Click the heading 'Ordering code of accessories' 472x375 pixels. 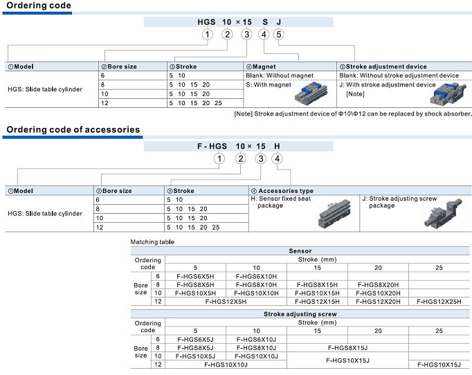[x=73, y=129]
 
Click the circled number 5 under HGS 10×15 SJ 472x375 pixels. [x=278, y=35]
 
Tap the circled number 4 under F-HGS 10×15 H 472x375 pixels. [x=278, y=159]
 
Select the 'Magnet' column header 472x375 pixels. [x=264, y=66]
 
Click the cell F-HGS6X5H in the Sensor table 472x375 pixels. [x=195, y=275]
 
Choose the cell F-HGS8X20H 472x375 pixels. [x=378, y=284]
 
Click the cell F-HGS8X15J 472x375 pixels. [x=347, y=347]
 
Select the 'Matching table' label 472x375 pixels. [x=152, y=242]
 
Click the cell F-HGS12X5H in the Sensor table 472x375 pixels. [x=226, y=301]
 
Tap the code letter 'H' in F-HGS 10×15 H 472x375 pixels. [x=278, y=147]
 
